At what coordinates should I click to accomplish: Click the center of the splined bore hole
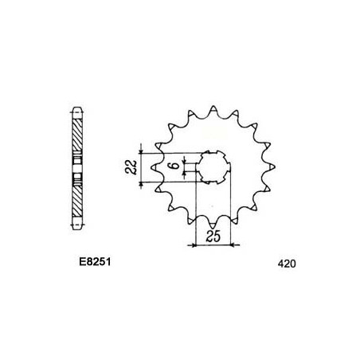(x=213, y=167)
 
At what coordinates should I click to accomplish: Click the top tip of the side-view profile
(x=77, y=107)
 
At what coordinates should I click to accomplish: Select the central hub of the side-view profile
(x=77, y=167)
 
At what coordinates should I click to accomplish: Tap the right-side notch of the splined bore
(x=229, y=167)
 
